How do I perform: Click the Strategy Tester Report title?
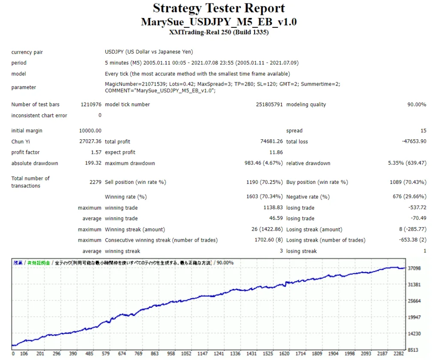tap(219, 8)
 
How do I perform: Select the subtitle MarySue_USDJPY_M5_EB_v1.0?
tap(219, 22)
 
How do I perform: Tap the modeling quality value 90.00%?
tap(416, 105)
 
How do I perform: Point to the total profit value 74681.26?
tap(268, 142)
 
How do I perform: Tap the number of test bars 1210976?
tap(91, 105)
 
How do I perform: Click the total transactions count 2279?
tap(95, 182)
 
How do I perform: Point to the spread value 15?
tap(423, 131)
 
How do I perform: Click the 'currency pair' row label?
tap(27, 52)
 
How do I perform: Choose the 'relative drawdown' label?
tap(308, 163)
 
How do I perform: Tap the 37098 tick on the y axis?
tap(415, 268)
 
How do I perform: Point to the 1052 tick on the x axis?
tap(186, 354)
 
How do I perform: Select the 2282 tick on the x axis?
tap(399, 354)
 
